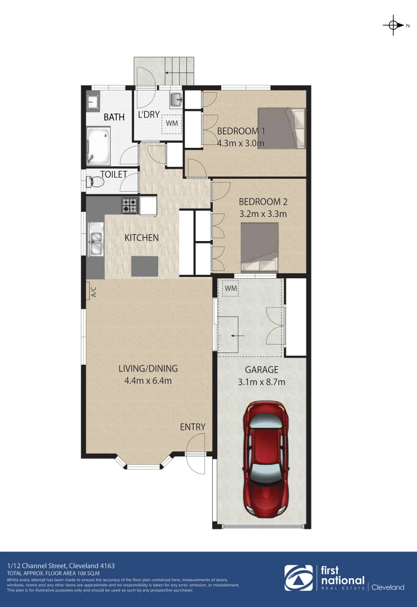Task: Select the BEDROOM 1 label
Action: coord(241,132)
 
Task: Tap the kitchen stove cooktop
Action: coord(130,205)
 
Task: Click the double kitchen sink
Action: coord(95,239)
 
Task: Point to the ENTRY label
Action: coord(193,427)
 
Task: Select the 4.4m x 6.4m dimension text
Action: coord(148,381)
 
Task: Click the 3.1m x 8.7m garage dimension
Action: coord(261,383)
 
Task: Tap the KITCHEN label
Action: coord(141,238)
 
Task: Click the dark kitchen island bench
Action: coord(144,266)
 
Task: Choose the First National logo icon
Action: coord(299,578)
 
